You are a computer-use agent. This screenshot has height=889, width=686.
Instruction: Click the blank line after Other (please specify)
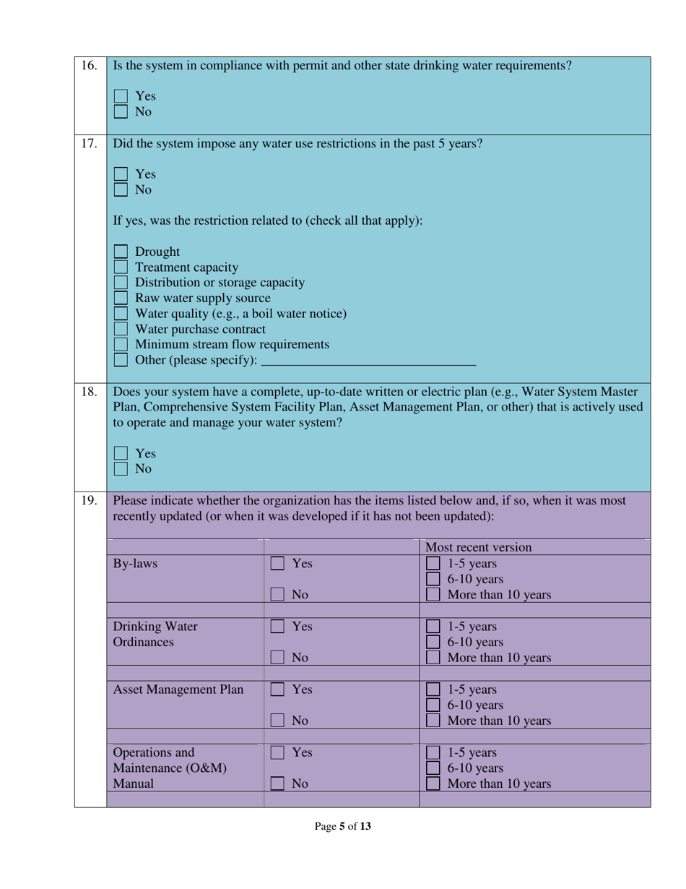pyautogui.click(x=368, y=359)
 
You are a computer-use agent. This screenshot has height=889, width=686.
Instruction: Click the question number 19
pyautogui.click(x=89, y=500)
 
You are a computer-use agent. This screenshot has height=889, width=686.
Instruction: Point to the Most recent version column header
pyautogui.click(x=478, y=546)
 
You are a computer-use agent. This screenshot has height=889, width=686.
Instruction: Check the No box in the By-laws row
pyautogui.click(x=277, y=595)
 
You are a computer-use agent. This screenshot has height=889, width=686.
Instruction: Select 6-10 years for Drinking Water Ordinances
pyautogui.click(x=433, y=643)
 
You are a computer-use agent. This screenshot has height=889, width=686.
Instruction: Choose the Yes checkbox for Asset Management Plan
pyautogui.click(x=277, y=690)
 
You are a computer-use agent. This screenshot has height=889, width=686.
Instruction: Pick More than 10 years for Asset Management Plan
pyautogui.click(x=433, y=721)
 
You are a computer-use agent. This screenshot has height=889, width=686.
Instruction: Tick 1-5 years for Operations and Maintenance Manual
pyautogui.click(x=433, y=753)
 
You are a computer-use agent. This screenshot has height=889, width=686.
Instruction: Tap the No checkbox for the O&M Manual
pyautogui.click(x=277, y=783)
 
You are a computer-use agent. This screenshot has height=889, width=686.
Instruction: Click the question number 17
pyautogui.click(x=89, y=143)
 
